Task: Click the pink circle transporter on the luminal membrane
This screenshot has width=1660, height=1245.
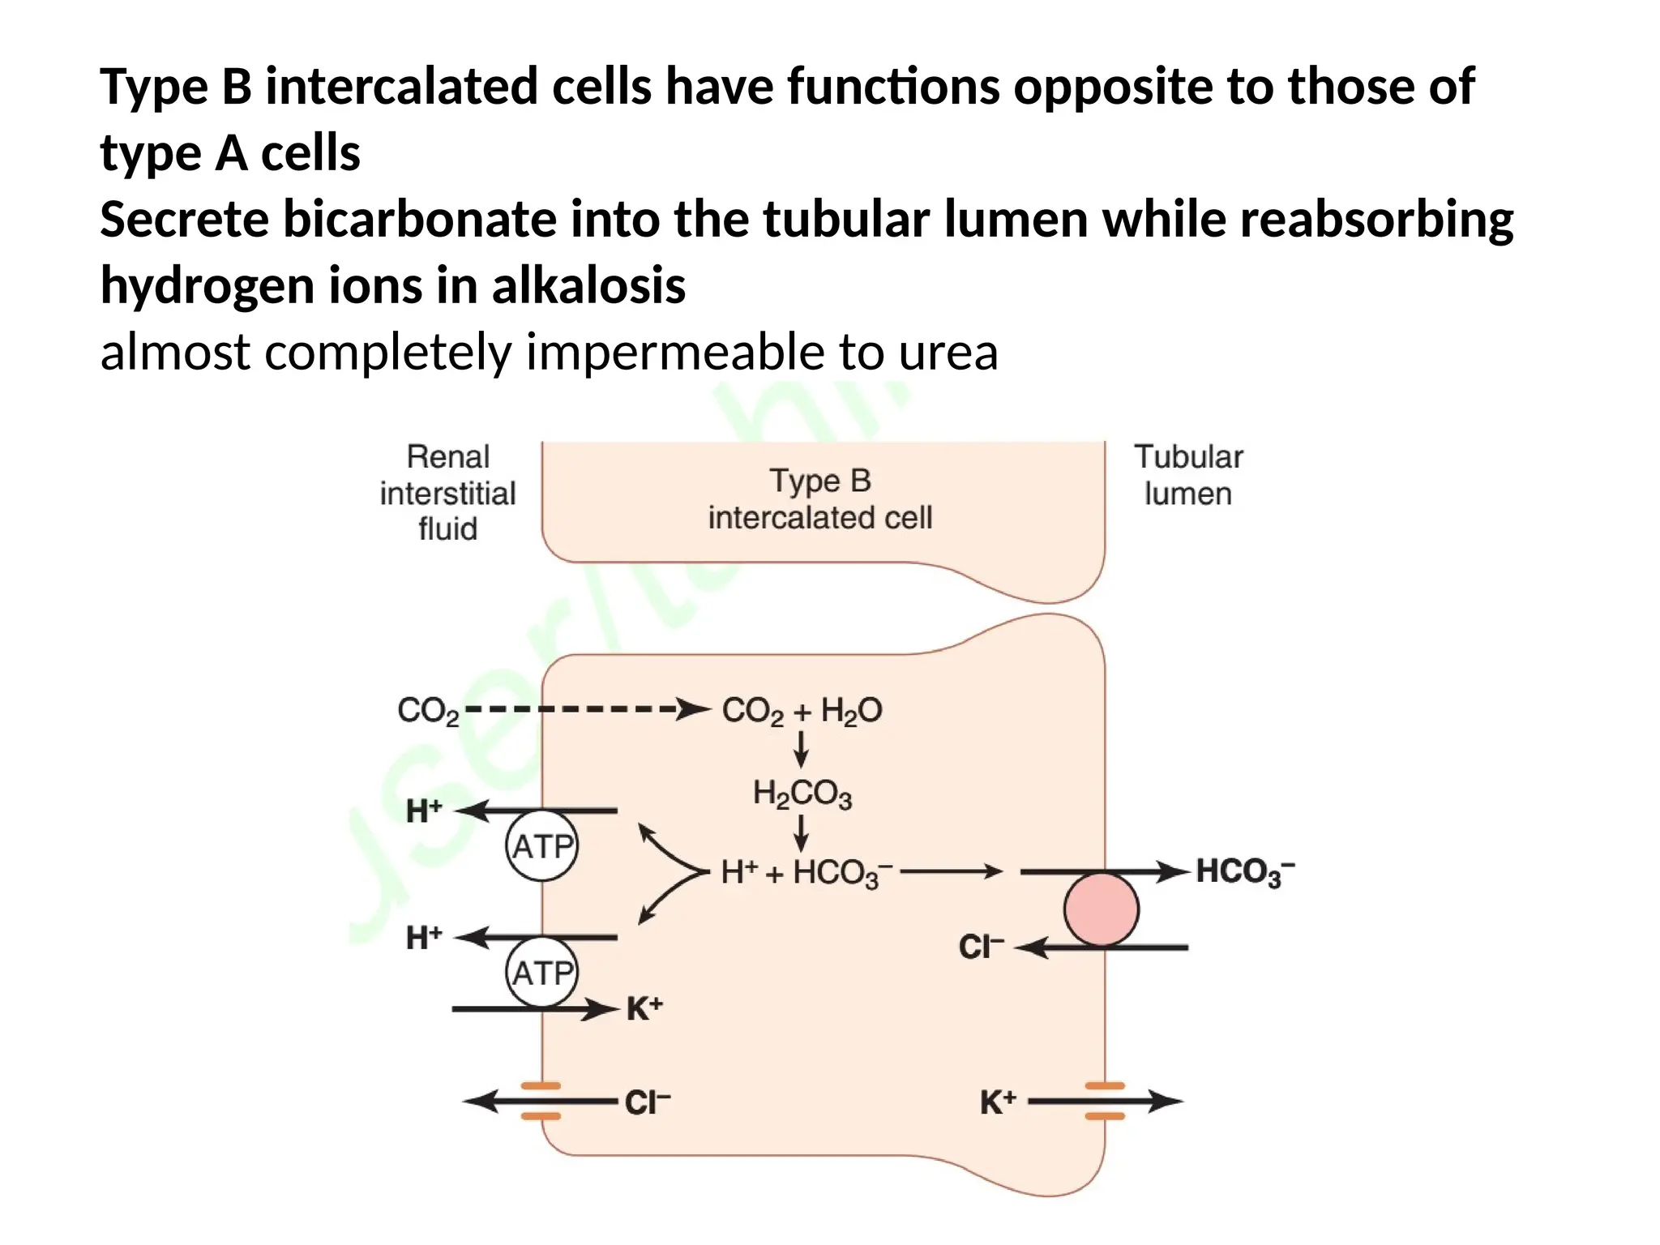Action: [x=1101, y=909]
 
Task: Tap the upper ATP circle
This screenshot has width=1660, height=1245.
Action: [x=542, y=846]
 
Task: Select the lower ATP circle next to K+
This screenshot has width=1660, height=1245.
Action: [x=542, y=973]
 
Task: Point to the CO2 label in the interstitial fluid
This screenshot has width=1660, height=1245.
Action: [x=428, y=711]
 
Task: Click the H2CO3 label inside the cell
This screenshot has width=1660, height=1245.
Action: [x=802, y=794]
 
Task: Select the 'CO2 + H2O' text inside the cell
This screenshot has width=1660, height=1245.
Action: [x=802, y=711]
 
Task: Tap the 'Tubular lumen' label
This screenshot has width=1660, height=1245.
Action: [x=1187, y=475]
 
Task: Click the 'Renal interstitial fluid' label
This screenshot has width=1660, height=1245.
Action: [x=447, y=493]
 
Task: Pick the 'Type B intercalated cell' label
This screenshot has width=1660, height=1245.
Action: [x=819, y=499]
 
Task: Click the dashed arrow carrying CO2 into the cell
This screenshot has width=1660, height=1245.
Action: [x=584, y=709]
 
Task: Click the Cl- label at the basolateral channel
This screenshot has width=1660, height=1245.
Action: [x=647, y=1102]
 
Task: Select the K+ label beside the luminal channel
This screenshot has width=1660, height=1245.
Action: [x=998, y=1102]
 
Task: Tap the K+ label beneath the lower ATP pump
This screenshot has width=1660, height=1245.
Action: [x=644, y=1009]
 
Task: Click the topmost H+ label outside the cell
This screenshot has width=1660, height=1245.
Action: [x=424, y=811]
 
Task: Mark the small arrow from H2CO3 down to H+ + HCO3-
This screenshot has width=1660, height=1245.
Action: [x=801, y=832]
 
